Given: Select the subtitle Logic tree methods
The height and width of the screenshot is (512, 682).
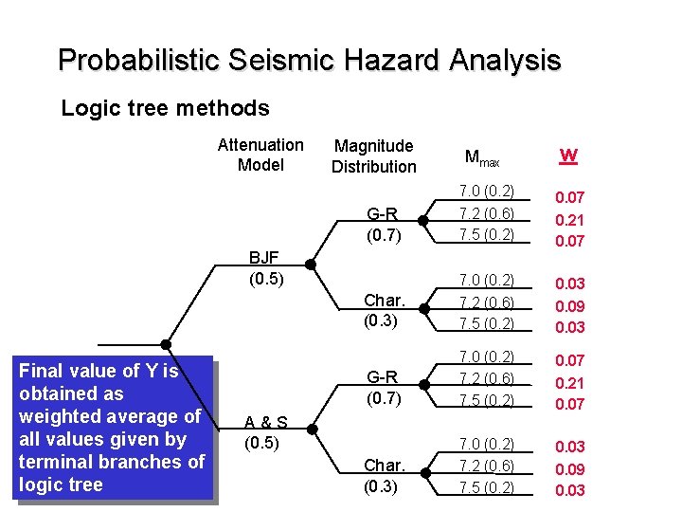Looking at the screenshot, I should coord(165,108).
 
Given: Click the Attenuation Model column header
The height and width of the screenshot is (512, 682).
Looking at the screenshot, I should coord(260,155).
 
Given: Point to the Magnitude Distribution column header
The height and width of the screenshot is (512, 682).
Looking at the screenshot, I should coord(374,155).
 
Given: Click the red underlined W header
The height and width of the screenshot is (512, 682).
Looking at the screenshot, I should coord(568,155).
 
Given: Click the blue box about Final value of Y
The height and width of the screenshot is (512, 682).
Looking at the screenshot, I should coord(111,428).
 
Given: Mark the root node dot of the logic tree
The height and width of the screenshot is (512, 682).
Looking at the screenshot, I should coord(166,344).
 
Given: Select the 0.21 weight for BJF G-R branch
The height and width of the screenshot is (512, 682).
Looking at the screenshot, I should coord(569,220).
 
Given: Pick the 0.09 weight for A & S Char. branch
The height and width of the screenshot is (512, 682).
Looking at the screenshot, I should coord(569,469).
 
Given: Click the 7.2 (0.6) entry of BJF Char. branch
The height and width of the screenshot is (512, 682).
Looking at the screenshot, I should coord(487,302).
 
